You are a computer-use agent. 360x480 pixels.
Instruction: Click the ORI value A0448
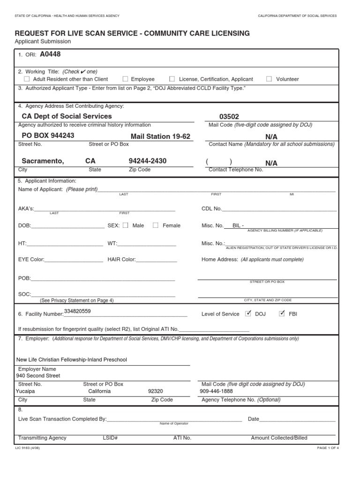pyautogui.click(x=50, y=54)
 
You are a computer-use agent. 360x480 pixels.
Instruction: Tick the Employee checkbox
pyautogui.click(x=126, y=79)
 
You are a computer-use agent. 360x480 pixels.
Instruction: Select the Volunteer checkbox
pyautogui.click(x=269, y=79)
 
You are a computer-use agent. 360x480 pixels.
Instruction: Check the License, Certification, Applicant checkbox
pyautogui.click(x=172, y=79)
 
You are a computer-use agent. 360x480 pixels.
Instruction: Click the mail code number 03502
pyautogui.click(x=232, y=116)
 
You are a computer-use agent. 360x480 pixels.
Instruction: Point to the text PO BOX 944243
pyautogui.click(x=48, y=136)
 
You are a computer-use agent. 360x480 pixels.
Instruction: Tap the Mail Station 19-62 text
pyautogui.click(x=161, y=136)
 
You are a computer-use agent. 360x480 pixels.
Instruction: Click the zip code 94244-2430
pyautogui.click(x=148, y=161)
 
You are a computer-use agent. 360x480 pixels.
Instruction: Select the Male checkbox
pyautogui.click(x=126, y=225)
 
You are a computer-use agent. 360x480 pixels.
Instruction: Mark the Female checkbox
pyautogui.click(x=156, y=225)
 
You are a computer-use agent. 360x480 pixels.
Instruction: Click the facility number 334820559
pyautogui.click(x=77, y=311)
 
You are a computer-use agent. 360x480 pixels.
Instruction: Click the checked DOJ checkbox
pyautogui.click(x=248, y=314)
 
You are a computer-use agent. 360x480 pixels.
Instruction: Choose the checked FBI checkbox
pyautogui.click(x=282, y=314)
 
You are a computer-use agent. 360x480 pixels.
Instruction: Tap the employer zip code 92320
pyautogui.click(x=155, y=391)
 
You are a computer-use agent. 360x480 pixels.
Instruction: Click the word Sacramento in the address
pyautogui.click(x=43, y=161)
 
